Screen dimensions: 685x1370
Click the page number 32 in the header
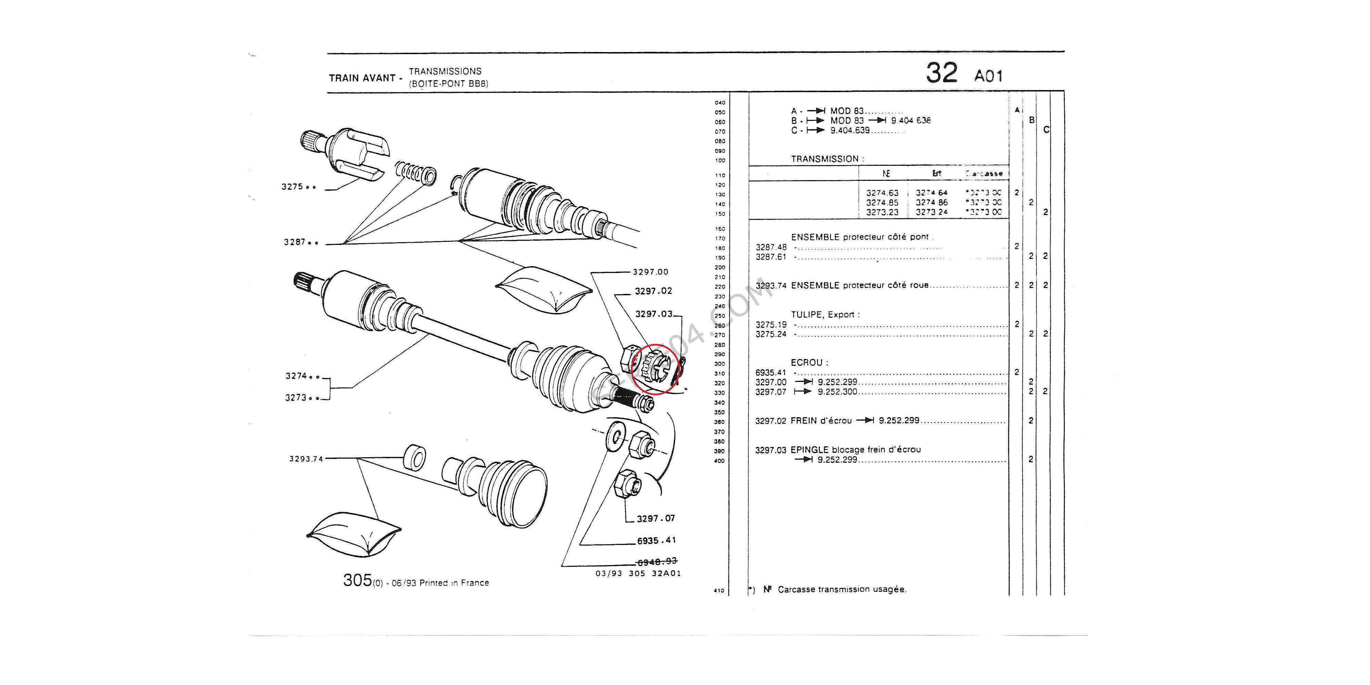pyautogui.click(x=941, y=73)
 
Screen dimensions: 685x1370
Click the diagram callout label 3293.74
pyautogui.click(x=306, y=459)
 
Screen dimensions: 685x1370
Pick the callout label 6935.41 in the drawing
pyautogui.click(x=656, y=541)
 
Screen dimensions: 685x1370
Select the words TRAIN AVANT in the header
pyautogui.click(x=362, y=78)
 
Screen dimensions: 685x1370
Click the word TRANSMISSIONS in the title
pyautogui.click(x=445, y=71)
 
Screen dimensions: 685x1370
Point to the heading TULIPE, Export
pyautogui.click(x=825, y=315)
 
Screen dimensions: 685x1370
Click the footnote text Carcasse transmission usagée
pyautogui.click(x=842, y=589)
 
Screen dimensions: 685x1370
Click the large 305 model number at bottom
pyautogui.click(x=357, y=580)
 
